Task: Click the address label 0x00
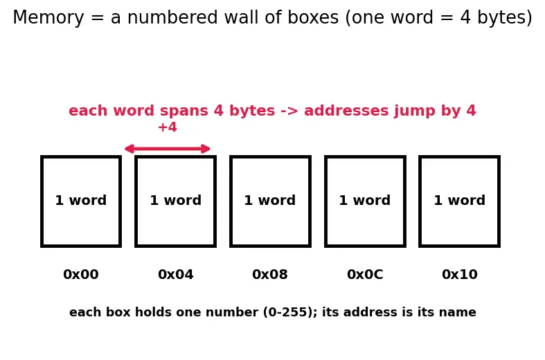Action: [80, 275]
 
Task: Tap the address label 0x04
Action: [175, 275]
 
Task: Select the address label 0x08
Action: [270, 275]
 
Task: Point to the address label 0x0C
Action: [365, 275]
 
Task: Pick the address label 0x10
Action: [460, 275]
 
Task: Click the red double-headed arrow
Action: [168, 149]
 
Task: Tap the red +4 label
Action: [168, 127]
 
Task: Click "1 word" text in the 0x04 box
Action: [175, 201]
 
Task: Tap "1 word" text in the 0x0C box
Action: [365, 201]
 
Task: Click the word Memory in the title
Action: [48, 18]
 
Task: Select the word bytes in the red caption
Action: [252, 111]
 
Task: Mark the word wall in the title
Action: [240, 17]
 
